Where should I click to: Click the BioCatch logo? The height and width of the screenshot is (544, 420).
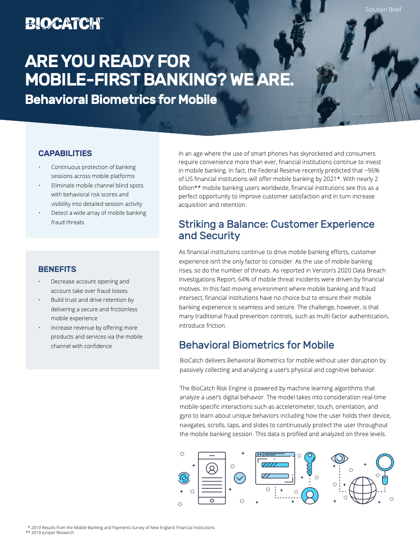[x=64, y=23]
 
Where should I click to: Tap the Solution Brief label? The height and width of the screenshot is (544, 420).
[x=383, y=10]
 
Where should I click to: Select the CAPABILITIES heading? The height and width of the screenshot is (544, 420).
[x=65, y=153]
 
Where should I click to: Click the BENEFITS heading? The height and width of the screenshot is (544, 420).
[x=57, y=269]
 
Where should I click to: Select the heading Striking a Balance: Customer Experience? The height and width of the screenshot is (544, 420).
[x=276, y=224]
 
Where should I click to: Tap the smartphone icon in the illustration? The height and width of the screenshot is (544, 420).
[x=211, y=478]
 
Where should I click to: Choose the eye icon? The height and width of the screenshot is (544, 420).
[x=339, y=458]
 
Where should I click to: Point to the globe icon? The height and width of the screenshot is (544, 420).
[x=362, y=490]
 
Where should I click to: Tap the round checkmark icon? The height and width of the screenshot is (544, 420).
[x=239, y=478]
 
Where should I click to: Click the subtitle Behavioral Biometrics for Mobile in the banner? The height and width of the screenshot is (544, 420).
[x=121, y=99]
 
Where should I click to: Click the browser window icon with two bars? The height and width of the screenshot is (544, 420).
[x=275, y=468]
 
